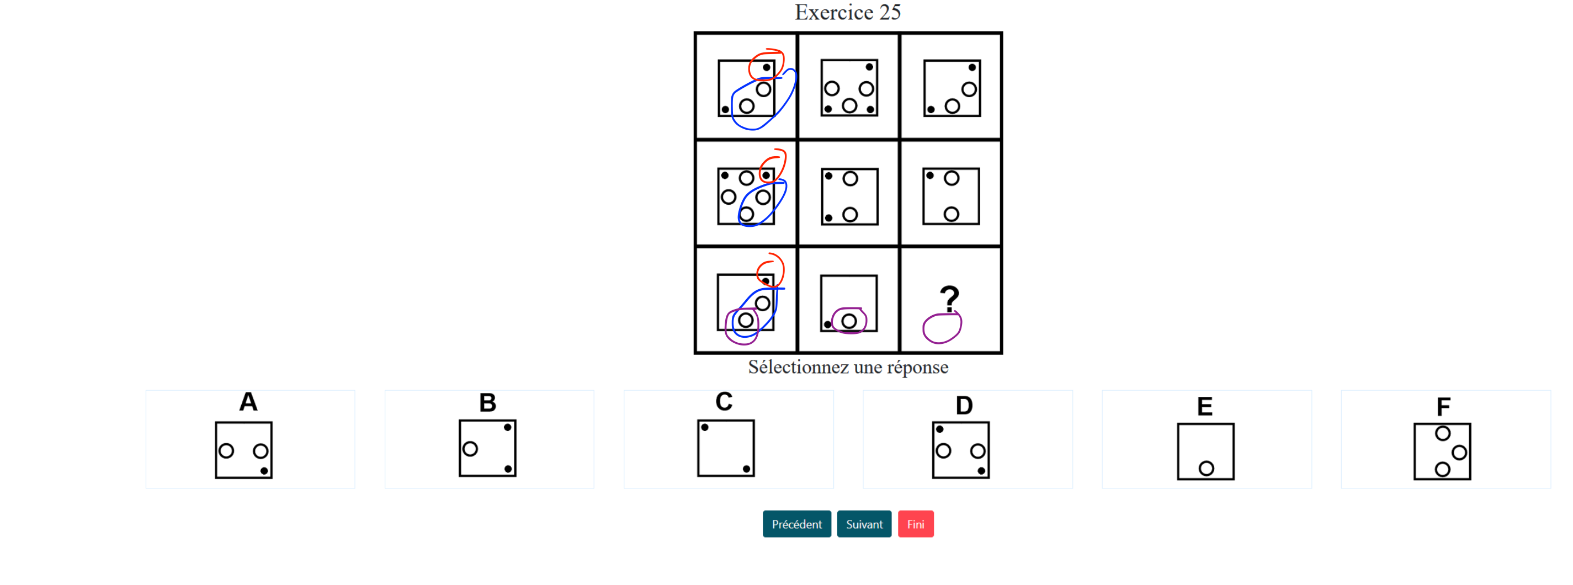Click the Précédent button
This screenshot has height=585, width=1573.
point(796,524)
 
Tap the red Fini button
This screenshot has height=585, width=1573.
point(915,524)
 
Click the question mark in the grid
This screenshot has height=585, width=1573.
point(949,299)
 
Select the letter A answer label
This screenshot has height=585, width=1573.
point(248,402)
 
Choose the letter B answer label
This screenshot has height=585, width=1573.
point(487,403)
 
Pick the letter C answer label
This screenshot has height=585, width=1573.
point(724,402)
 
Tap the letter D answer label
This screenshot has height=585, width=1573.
point(964,406)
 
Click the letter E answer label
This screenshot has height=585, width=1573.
point(1204,407)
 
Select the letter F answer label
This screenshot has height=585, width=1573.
point(1443,407)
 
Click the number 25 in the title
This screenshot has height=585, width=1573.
point(890,12)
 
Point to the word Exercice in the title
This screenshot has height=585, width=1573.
point(833,12)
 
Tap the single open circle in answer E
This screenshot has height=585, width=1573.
point(1206,469)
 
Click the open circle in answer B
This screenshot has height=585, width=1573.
point(470,449)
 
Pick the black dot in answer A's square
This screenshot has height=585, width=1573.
point(264,470)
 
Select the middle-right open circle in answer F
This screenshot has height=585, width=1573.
point(1459,453)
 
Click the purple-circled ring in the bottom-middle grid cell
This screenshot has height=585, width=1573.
point(849,321)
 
